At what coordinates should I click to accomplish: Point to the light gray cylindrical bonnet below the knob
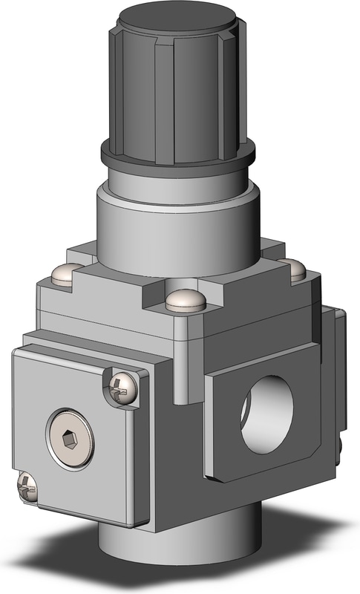[178, 223]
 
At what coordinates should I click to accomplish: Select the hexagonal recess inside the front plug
[70, 440]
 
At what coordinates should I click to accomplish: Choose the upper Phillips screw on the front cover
[122, 387]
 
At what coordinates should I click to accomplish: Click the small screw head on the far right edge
[338, 446]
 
